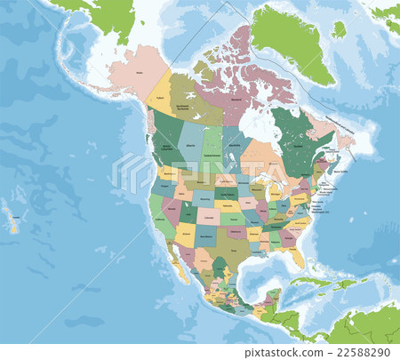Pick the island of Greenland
pyautogui.click(x=289, y=40)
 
